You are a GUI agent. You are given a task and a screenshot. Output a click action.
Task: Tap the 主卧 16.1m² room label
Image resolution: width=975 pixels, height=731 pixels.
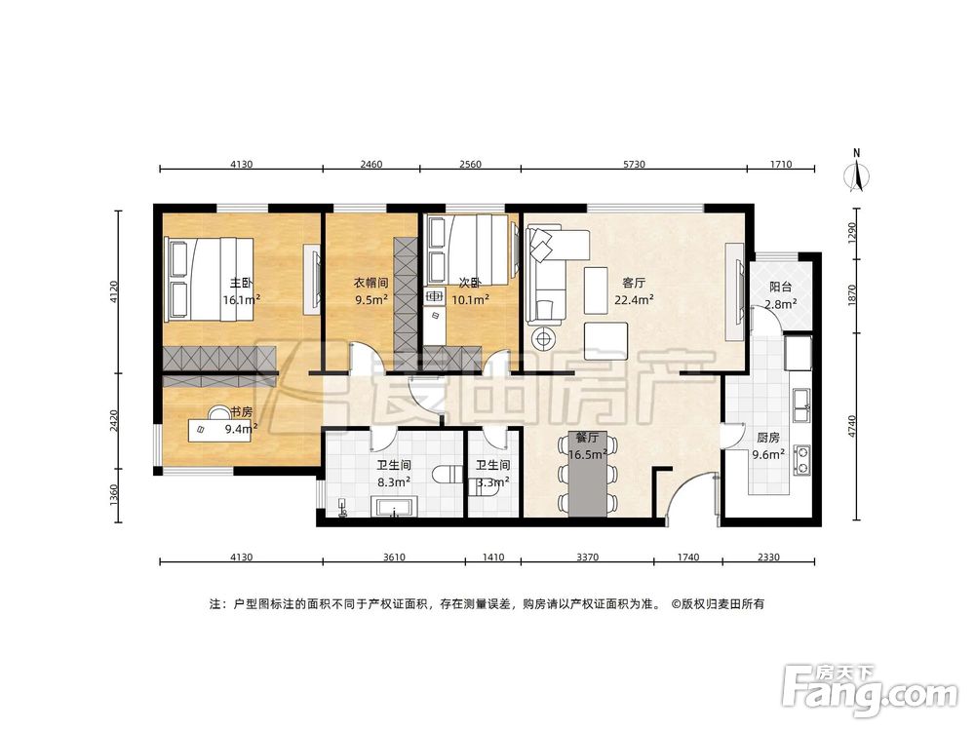coord(241,291)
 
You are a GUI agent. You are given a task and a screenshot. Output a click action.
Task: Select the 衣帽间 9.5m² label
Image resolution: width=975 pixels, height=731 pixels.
coord(371,290)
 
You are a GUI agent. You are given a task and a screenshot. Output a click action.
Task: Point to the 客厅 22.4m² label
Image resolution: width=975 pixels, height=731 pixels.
coord(634,291)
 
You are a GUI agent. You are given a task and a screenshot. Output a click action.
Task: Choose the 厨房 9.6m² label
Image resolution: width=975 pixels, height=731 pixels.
coord(768,445)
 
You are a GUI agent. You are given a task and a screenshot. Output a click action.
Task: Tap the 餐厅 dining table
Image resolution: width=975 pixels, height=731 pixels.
coord(588,476)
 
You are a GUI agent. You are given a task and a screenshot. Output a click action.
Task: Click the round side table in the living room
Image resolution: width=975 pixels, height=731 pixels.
coord(545,339)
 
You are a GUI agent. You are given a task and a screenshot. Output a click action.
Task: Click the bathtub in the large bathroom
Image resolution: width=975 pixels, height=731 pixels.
coord(394,507)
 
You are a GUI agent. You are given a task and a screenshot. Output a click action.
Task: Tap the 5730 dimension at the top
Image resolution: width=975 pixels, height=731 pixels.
coord(634,164)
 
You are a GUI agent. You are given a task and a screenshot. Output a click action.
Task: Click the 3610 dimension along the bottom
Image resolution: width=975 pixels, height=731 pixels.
coord(394,557)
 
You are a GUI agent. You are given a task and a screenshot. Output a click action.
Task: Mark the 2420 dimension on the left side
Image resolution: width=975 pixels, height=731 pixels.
coord(113,421)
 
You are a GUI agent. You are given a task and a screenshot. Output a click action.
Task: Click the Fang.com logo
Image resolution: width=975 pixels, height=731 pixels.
coord(870,688)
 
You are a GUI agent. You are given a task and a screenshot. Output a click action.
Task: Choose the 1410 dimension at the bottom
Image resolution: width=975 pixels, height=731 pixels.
coord(493,557)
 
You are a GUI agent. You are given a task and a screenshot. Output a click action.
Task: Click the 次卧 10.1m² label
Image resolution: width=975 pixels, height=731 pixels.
coord(470,290)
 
